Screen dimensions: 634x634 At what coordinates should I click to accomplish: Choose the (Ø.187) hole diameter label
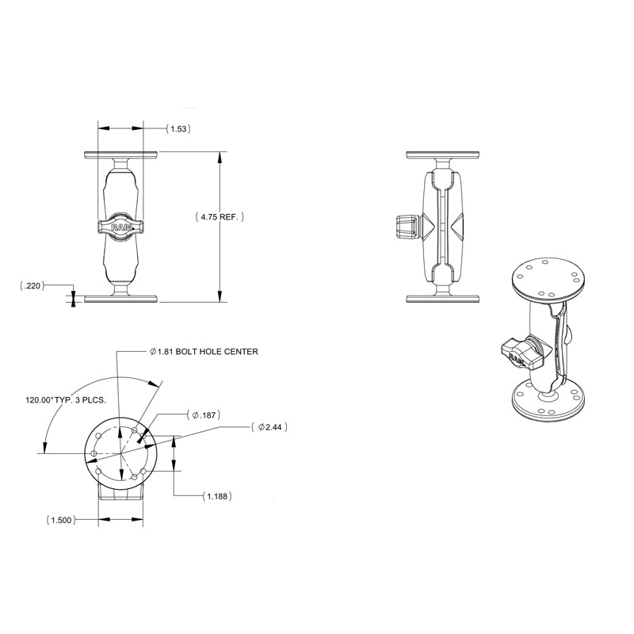(x=203, y=414)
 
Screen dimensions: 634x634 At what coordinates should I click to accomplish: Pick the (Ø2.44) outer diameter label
(x=268, y=427)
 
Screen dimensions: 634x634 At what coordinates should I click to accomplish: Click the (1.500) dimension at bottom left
(x=62, y=521)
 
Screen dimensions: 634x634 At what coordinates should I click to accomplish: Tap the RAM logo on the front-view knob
(x=121, y=227)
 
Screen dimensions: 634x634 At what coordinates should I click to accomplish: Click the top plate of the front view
(x=121, y=154)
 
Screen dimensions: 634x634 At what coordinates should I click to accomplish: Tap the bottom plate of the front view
(x=121, y=299)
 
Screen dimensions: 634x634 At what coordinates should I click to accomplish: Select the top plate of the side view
(x=445, y=154)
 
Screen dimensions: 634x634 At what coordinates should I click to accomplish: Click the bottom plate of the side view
(x=445, y=299)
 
